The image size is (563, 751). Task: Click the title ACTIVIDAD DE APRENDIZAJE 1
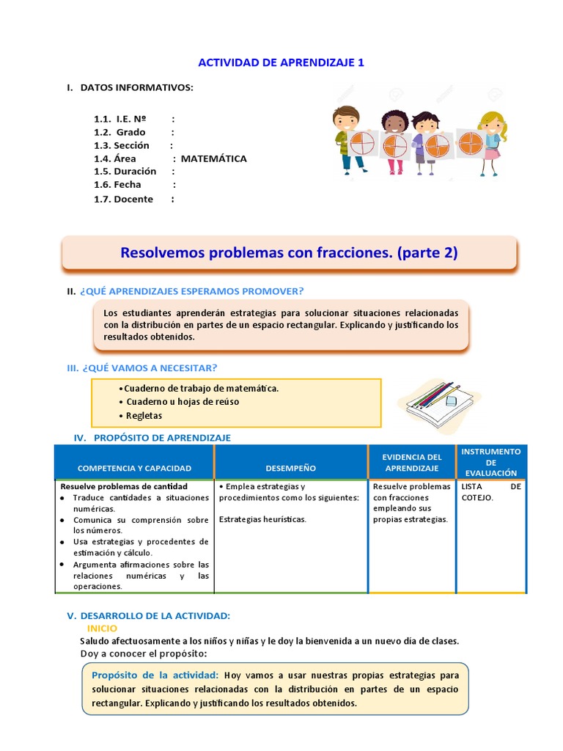282,62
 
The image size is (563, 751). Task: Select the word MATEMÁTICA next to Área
213,158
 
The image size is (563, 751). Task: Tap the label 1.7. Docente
123,199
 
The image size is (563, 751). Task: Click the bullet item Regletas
144,415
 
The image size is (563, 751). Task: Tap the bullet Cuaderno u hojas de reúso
182,402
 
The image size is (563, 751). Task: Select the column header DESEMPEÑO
290,468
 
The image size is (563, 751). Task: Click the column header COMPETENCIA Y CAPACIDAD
134,468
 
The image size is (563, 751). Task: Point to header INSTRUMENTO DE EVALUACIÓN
490,462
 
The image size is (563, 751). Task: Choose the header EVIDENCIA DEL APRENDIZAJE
412,463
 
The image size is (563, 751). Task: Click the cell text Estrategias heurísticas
262,519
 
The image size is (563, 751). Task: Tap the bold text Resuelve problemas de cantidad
123,486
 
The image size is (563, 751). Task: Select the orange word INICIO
102,629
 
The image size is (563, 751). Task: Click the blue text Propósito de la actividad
155,675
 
